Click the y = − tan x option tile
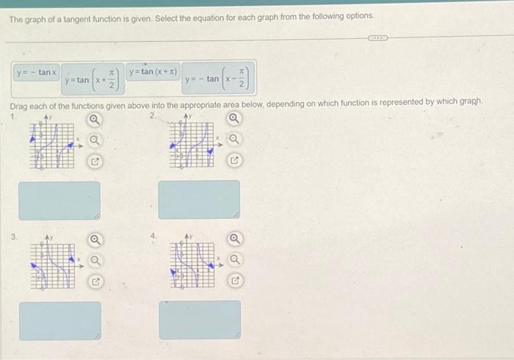37,73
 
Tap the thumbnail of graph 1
52,144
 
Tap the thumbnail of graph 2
195,144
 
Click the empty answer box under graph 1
59,200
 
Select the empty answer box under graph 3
59,320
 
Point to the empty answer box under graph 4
199,320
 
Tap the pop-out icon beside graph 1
94,160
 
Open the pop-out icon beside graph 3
94,281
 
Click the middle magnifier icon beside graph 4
234,259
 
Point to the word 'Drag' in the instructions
19,106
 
